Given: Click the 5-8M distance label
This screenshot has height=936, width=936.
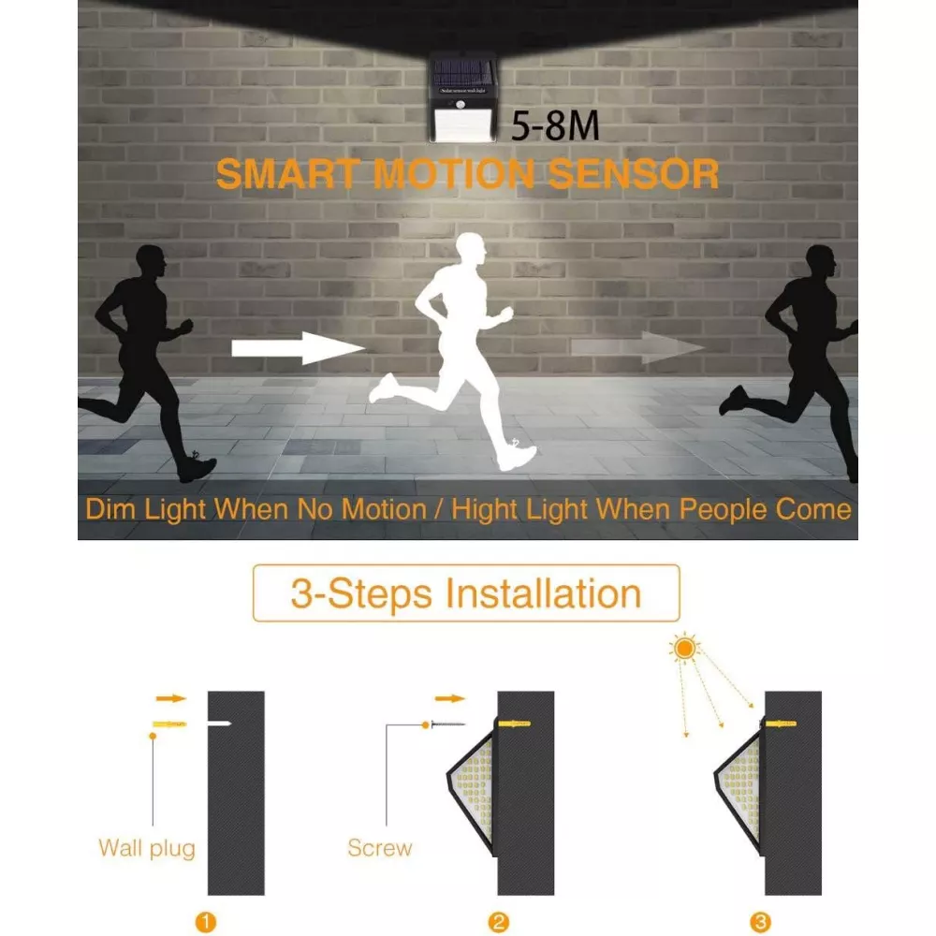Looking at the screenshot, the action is tap(555, 126).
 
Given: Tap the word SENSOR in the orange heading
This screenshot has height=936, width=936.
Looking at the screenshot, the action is tap(634, 174).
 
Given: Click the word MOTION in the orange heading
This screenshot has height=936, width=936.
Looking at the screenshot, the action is tap(454, 174).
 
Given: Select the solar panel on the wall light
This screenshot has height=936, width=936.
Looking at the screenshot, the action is tap(464, 72).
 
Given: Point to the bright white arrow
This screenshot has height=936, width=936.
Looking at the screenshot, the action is tap(298, 348).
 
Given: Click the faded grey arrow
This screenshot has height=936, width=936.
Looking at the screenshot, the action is tap(637, 347).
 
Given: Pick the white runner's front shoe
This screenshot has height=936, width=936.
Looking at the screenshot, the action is tap(517, 458).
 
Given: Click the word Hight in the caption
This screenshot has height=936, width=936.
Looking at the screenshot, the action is tap(485, 511).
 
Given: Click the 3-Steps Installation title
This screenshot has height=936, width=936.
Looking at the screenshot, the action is tap(466, 594).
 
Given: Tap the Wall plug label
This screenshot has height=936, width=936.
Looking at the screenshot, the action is tap(147, 849).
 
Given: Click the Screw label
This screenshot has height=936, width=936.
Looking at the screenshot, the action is tap(380, 848).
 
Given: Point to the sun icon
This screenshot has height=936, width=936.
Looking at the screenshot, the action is tap(685, 648).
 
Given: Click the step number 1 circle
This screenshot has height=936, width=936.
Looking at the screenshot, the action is tap(206, 922).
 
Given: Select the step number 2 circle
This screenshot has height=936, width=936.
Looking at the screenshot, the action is tap(499, 922).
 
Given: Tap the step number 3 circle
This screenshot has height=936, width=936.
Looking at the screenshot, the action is tap(760, 922).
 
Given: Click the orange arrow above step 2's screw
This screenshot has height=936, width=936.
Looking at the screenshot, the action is tap(450, 698).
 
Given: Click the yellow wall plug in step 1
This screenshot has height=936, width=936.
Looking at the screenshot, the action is tap(170, 724).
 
